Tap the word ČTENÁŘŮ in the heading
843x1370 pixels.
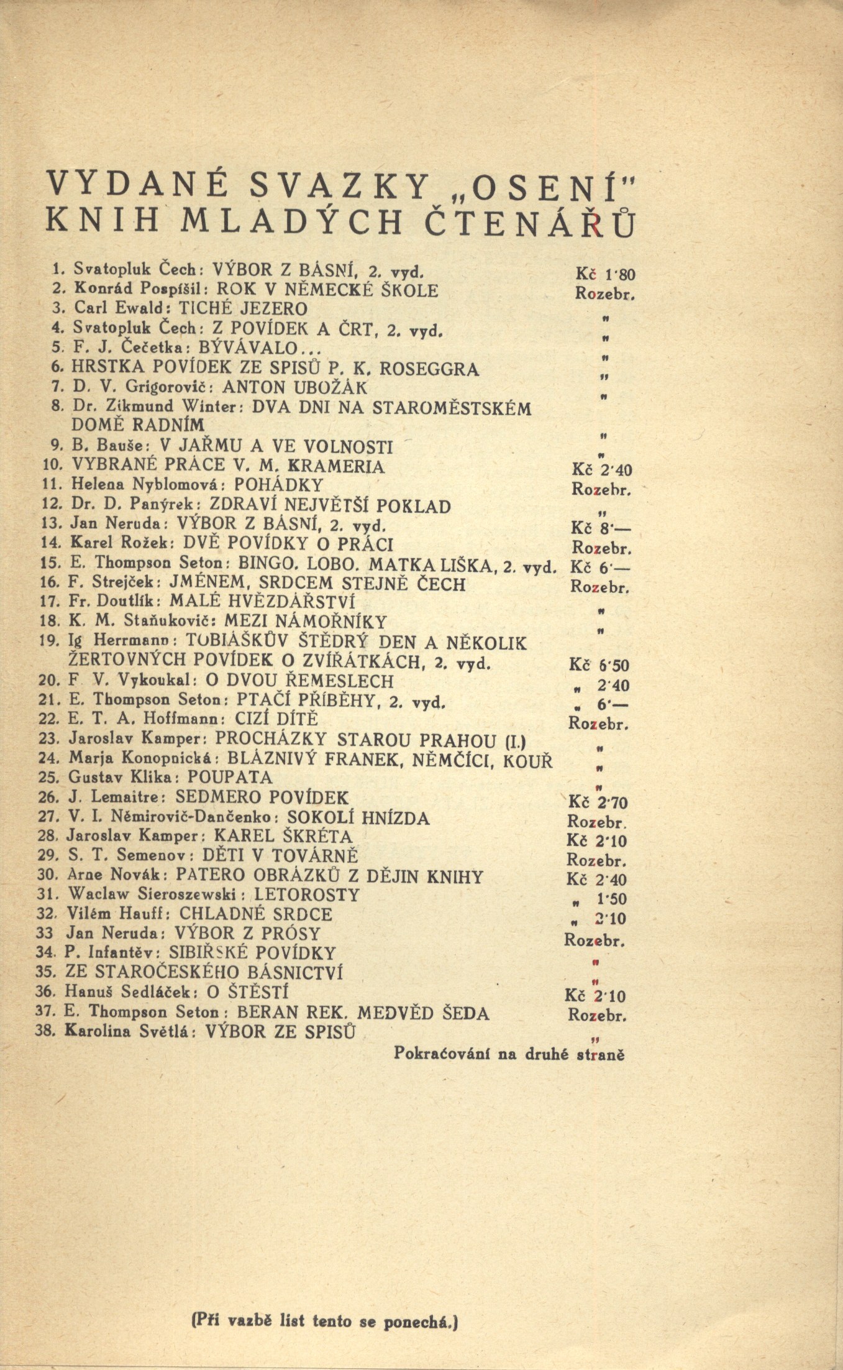[529, 224]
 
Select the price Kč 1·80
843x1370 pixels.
[605, 274]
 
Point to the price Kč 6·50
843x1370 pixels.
[599, 666]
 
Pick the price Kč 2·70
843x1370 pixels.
[598, 802]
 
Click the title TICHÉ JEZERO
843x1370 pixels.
[243, 309]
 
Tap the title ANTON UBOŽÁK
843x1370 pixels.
[295, 388]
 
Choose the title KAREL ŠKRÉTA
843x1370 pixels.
[283, 837]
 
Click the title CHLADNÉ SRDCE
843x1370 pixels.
[256, 914]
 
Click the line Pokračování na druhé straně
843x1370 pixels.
[509, 1054]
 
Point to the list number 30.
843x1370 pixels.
[48, 875]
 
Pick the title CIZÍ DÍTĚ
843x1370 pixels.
[276, 720]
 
